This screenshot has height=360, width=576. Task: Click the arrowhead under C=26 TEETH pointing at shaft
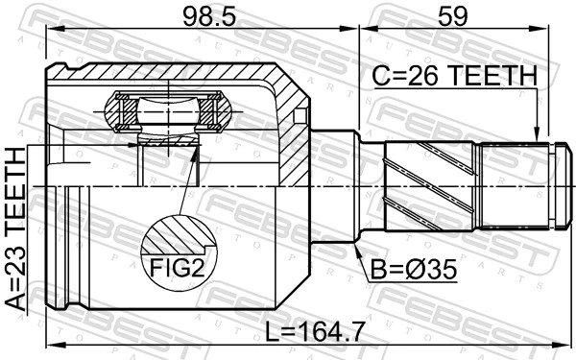[x=539, y=136]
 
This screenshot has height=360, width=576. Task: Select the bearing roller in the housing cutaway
[x=168, y=112]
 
